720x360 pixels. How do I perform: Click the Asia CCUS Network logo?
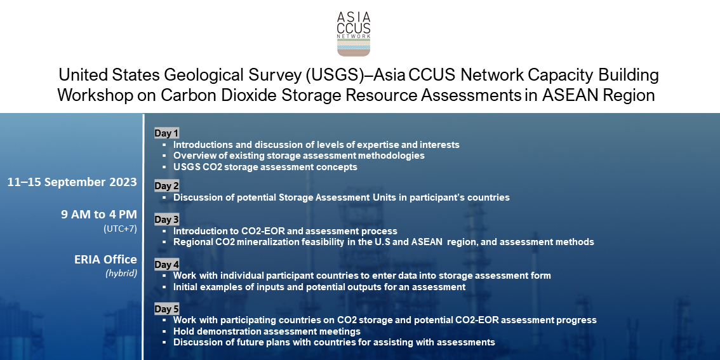(354, 34)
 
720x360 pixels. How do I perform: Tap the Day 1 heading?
(166, 133)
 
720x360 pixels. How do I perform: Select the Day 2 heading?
(166, 187)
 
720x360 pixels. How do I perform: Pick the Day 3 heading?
(166, 220)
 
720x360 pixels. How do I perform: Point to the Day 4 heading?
(166, 265)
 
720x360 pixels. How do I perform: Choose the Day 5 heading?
(166, 309)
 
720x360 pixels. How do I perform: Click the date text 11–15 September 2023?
(72, 182)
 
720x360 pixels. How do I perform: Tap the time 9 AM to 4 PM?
(99, 215)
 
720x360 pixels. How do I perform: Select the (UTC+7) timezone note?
(120, 229)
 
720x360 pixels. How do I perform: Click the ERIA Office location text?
(105, 260)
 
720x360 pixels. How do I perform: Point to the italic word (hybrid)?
(121, 274)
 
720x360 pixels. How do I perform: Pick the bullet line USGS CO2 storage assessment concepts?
(265, 167)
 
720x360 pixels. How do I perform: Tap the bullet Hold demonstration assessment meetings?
(267, 331)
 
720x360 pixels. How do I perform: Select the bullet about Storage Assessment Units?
(341, 197)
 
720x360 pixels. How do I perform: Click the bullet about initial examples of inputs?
(319, 287)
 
